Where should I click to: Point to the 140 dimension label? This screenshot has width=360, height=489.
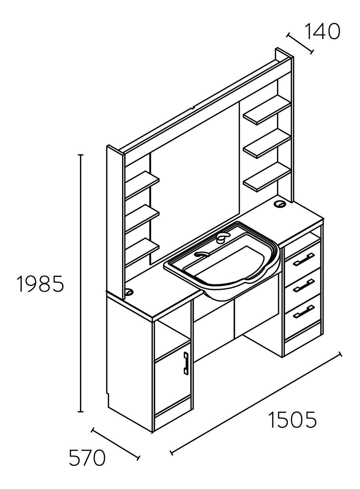tap(323, 31)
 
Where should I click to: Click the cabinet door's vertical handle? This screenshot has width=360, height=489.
tap(186, 363)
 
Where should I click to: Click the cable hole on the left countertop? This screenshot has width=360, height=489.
tap(129, 291)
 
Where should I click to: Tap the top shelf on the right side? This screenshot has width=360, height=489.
tap(267, 110)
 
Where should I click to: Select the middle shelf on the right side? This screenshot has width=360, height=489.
tap(267, 143)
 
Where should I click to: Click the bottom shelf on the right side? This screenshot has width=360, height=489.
tap(267, 177)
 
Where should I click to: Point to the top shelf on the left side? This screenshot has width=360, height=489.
tap(142, 186)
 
